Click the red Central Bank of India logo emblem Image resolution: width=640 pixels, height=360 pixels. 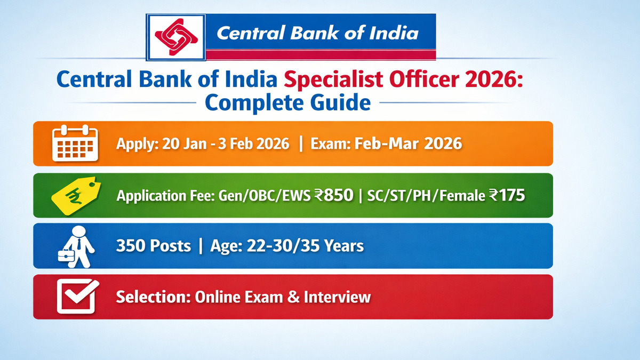tap(176, 37)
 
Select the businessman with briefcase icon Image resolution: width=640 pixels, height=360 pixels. tap(76, 246)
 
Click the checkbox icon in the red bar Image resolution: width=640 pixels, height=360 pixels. tap(77, 297)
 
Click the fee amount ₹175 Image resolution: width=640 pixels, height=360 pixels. tap(506, 196)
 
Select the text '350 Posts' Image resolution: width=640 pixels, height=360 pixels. tap(153, 246)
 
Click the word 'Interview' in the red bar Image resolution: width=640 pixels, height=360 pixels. tap(337, 297)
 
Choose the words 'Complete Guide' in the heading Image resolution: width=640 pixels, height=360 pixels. tap(287, 102)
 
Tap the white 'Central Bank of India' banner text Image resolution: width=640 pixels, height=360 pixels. tap(317, 34)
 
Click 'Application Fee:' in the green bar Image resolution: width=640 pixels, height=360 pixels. tap(165, 196)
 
